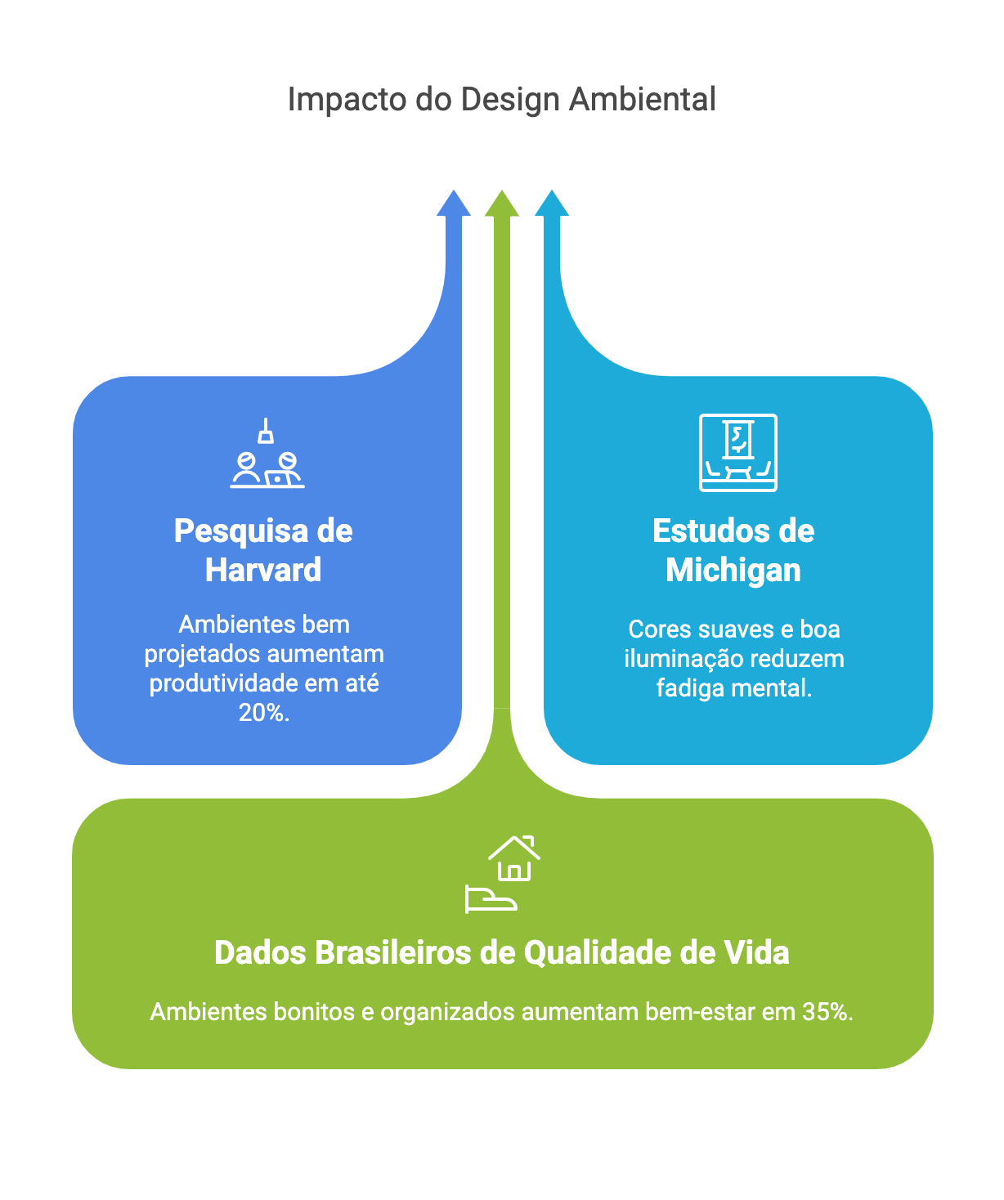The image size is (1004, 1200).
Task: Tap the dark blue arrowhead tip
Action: point(453,190)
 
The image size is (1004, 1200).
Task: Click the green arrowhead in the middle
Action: point(501,204)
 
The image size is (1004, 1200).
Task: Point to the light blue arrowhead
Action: point(551,204)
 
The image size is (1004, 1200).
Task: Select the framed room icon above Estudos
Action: point(737,452)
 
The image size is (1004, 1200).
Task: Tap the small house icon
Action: point(514,858)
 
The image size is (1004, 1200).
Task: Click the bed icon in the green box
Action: point(491,899)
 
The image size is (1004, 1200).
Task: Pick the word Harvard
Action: point(263,570)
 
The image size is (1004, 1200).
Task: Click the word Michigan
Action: point(733,570)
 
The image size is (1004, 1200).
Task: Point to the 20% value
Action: point(264,713)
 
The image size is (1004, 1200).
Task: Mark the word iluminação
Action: point(677,659)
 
